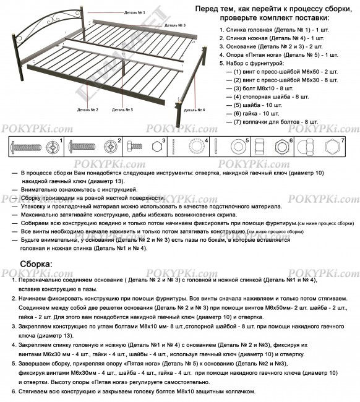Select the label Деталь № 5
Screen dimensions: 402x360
124,110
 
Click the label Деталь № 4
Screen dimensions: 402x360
197,110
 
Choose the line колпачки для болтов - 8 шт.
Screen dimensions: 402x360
276,122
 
